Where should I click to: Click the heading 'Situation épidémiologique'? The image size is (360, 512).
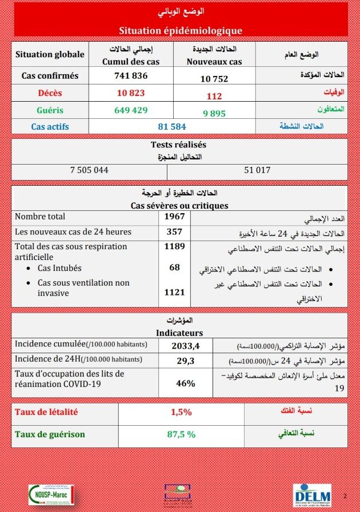pyautogui.click(x=181, y=30)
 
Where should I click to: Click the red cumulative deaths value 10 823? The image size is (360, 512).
pyautogui.click(x=131, y=93)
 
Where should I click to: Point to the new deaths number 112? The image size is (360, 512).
pyautogui.click(x=214, y=97)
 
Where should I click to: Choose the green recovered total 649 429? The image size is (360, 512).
pyautogui.click(x=131, y=110)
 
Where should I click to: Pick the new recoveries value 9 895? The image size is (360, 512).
pyautogui.click(x=214, y=114)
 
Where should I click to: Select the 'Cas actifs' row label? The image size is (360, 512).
pyautogui.click(x=50, y=126)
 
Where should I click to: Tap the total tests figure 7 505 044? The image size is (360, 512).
pyautogui.click(x=89, y=170)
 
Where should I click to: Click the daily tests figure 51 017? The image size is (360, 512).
pyautogui.click(x=257, y=170)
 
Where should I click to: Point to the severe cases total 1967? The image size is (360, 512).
pyautogui.click(x=174, y=217)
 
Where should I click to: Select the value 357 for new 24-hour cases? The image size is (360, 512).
pyautogui.click(x=174, y=231)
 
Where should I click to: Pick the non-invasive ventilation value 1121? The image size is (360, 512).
pyautogui.click(x=174, y=293)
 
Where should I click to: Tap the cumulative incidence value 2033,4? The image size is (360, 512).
pyautogui.click(x=185, y=345)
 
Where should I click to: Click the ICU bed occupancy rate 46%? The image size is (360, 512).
pyautogui.click(x=185, y=383)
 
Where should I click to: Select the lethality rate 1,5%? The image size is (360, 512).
pyautogui.click(x=181, y=412)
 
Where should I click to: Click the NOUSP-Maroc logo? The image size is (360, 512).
pyautogui.click(x=51, y=494)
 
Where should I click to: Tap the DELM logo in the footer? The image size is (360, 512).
pyautogui.click(x=312, y=494)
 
